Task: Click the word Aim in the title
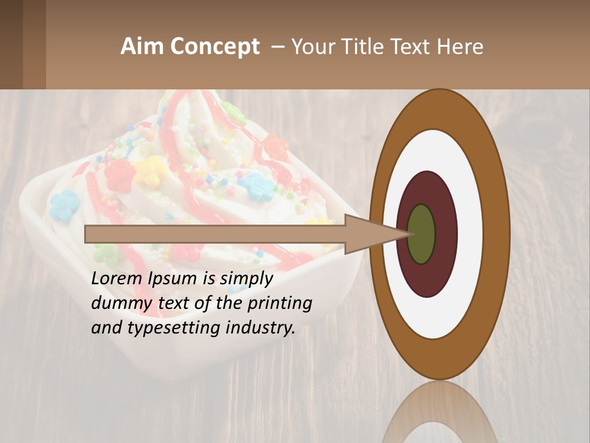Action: (141, 47)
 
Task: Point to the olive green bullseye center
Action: (421, 234)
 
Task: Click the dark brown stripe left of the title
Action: (12, 44)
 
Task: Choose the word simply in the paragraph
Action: (246, 279)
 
